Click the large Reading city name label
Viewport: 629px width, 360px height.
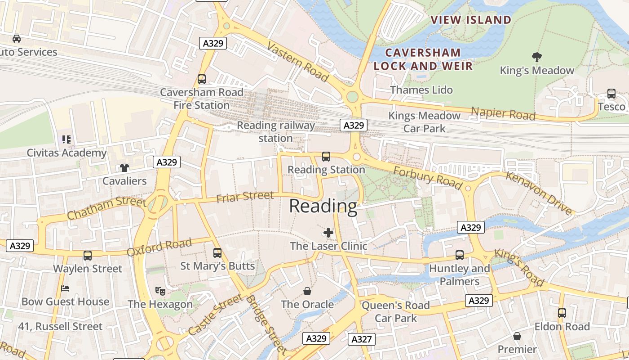[x=323, y=206]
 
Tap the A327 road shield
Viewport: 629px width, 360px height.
[x=361, y=339]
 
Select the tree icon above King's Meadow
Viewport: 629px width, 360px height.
[x=536, y=57]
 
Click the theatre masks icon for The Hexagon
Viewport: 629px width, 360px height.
[x=160, y=291]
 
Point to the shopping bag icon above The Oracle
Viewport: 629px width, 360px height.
[x=307, y=291]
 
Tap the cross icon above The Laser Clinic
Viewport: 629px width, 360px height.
[x=328, y=233]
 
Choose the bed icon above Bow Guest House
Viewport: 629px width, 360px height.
[x=66, y=288]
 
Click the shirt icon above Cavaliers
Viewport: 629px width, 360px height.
[x=124, y=168]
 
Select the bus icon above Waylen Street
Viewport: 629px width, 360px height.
[x=88, y=256]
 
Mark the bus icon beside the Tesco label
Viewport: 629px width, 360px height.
[x=611, y=94]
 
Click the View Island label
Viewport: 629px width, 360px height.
[x=471, y=20]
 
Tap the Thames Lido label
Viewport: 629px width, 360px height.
[x=421, y=90]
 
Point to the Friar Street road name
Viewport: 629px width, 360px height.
[x=245, y=197]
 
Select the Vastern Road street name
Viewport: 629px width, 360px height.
[x=298, y=62]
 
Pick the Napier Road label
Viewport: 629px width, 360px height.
[x=503, y=114]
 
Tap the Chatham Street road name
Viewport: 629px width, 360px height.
[x=106, y=208]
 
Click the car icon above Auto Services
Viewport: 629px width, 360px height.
[x=17, y=39]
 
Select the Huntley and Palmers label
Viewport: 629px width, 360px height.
[x=460, y=275]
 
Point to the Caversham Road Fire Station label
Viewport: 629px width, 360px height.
[x=202, y=99]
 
